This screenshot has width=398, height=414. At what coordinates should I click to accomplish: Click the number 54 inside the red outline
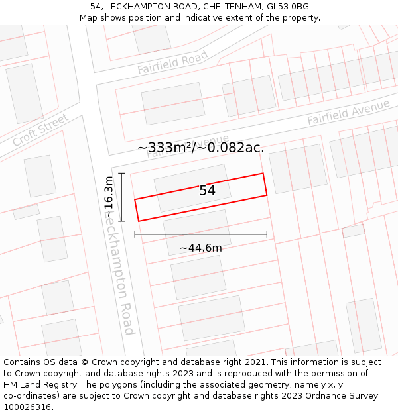point(207,191)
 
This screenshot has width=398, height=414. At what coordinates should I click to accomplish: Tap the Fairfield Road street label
point(172,62)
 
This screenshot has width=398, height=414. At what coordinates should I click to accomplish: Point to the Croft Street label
point(40,130)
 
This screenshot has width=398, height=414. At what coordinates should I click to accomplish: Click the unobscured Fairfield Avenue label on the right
point(348,113)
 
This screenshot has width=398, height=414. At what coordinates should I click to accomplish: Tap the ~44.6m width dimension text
point(200,248)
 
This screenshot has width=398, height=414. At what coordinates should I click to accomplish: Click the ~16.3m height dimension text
point(109,197)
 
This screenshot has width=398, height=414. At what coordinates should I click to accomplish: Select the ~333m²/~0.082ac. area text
point(200,148)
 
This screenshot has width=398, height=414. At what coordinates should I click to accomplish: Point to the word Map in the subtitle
point(90,18)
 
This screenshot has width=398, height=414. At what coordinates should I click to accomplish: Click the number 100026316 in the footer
point(27,407)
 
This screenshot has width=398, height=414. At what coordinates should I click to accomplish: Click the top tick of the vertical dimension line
point(121,173)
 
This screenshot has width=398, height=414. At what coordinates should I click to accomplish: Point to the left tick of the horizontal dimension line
point(135,234)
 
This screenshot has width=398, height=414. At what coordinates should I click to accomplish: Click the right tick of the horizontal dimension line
point(267,234)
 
